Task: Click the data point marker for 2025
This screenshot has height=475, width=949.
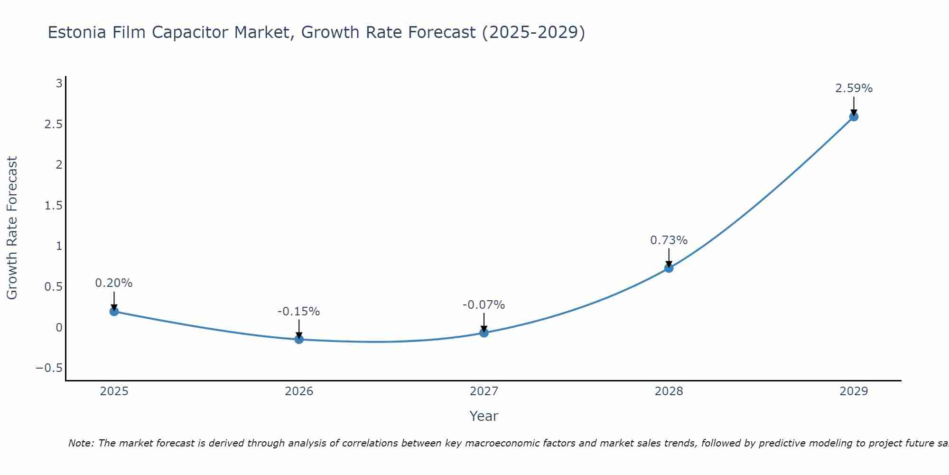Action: [x=114, y=312]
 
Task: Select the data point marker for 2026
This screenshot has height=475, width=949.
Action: [x=299, y=339]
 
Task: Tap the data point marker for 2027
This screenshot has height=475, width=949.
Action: [x=484, y=333]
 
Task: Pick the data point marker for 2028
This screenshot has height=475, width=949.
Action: [x=669, y=268]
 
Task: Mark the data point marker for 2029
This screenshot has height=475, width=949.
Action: [x=854, y=116]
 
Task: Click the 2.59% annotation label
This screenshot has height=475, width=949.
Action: [x=854, y=88]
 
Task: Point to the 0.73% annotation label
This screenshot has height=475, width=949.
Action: [x=669, y=240]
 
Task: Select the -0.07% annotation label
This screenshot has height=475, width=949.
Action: [x=484, y=305]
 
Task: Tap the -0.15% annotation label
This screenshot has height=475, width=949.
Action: [x=298, y=312]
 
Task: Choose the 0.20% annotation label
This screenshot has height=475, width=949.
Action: [x=114, y=283]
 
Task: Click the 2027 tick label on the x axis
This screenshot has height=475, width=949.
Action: [x=484, y=391]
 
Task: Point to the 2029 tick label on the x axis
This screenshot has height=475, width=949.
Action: [x=854, y=391]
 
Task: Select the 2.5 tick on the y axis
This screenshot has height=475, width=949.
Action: [x=54, y=124]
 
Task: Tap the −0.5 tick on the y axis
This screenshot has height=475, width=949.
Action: [x=49, y=368]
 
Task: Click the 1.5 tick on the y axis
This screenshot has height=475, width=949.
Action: [x=54, y=206]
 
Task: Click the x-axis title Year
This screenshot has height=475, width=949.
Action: [x=484, y=416]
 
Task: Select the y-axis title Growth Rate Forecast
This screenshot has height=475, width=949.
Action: [x=12, y=228]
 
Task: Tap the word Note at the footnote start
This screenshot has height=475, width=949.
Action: [x=81, y=443]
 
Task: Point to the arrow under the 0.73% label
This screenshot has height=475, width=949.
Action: [x=669, y=257]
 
